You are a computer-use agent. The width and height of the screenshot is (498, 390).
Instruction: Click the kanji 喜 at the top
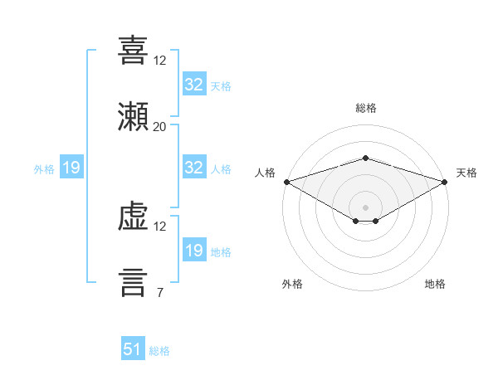click(133, 50)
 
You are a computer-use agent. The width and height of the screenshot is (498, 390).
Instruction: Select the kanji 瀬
click(133, 116)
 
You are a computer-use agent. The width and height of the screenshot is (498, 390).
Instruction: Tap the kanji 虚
click(133, 217)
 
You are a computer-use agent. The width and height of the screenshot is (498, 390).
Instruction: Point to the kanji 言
click(133, 283)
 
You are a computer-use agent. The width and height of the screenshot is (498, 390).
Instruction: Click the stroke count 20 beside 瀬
click(159, 127)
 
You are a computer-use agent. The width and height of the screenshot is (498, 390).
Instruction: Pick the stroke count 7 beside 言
click(160, 292)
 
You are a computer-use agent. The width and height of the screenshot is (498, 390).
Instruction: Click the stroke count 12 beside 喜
click(159, 61)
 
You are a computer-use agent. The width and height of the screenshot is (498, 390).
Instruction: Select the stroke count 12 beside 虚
click(159, 227)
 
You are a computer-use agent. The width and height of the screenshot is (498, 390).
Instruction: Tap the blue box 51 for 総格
click(133, 348)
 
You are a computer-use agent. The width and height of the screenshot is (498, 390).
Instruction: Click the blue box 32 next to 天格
click(194, 83)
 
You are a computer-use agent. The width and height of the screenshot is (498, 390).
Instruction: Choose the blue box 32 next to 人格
click(194, 167)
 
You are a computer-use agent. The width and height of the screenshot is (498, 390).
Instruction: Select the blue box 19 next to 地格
click(194, 249)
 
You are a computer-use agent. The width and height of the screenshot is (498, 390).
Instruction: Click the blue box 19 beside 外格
click(71, 167)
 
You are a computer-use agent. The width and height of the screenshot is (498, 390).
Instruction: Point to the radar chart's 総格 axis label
click(366, 108)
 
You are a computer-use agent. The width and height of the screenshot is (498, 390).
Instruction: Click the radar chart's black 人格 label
click(265, 173)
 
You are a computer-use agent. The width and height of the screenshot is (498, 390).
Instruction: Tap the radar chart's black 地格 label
click(435, 284)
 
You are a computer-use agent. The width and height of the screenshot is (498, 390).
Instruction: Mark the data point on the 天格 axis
click(445, 182)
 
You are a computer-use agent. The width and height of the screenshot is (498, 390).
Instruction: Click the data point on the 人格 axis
click(287, 182)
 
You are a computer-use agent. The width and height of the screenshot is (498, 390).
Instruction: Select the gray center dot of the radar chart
click(365, 207)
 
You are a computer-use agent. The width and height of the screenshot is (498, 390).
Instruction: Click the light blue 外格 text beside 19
click(44, 169)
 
